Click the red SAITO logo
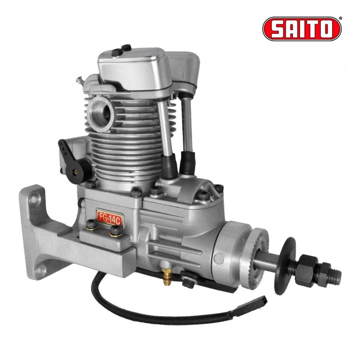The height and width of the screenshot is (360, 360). click(302, 29)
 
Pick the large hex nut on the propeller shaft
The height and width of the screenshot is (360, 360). click(306, 270)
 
